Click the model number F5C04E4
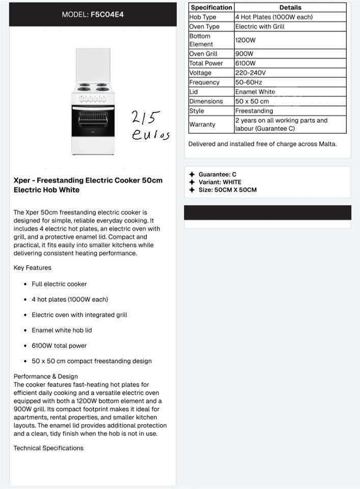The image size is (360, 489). [x=107, y=14]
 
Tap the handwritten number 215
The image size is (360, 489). [x=146, y=118]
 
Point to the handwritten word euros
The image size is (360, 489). [x=150, y=135]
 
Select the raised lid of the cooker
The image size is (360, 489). [x=93, y=64]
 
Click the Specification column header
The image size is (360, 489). [x=211, y=8]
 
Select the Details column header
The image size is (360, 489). [x=290, y=8]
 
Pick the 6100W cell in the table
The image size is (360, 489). [x=245, y=63]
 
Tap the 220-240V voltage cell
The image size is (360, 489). [x=250, y=73]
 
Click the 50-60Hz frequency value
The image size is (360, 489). [x=248, y=82]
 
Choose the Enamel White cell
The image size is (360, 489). [x=255, y=92]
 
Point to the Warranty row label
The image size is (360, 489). [x=202, y=124]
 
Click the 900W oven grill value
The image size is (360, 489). [x=244, y=53]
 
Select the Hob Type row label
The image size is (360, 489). [x=203, y=17]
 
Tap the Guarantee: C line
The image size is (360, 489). [x=217, y=174]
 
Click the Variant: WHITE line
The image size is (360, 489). [x=220, y=182]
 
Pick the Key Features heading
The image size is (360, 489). [x=33, y=267]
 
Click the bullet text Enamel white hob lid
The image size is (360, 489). [x=62, y=330]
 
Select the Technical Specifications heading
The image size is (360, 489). [x=48, y=448]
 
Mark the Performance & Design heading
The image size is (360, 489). [x=46, y=376]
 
